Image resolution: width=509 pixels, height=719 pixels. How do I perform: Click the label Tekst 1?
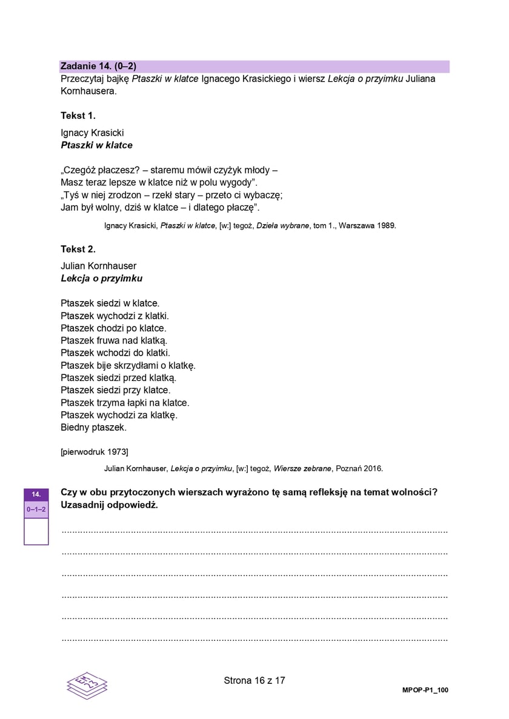(78, 115)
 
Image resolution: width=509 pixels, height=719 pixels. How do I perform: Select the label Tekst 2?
(78, 248)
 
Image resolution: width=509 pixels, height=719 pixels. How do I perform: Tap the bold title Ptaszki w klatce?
(96, 145)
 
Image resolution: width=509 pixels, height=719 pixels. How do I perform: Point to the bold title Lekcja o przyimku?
(101, 279)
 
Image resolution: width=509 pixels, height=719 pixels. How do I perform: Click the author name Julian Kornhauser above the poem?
(98, 266)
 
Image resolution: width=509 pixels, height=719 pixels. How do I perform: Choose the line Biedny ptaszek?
(93, 428)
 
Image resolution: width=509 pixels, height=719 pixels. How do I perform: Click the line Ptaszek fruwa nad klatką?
(114, 340)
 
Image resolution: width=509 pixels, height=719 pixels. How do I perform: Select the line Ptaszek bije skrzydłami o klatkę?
(128, 365)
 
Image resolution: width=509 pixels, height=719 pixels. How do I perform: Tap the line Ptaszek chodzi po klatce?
(113, 328)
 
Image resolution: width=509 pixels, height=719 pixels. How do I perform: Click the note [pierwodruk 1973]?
(95, 452)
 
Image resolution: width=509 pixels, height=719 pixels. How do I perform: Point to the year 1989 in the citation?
(385, 226)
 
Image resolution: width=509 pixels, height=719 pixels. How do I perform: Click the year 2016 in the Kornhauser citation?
(373, 468)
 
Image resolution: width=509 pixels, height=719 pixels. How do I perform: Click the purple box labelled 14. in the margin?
(36, 494)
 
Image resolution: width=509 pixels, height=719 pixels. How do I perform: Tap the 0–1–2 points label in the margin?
(36, 510)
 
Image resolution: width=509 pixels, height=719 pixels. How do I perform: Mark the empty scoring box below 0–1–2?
(36, 532)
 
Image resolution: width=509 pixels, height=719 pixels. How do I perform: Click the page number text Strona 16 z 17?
(254, 681)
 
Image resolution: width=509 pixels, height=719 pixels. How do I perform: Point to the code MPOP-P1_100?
(425, 691)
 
